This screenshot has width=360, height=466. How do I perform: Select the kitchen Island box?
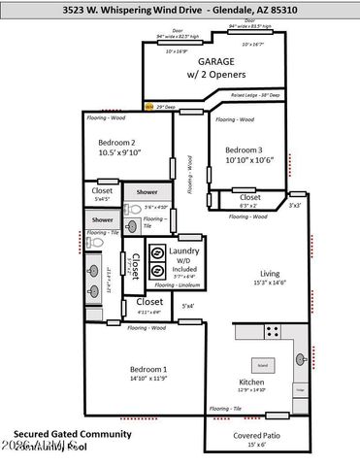pos(261,365)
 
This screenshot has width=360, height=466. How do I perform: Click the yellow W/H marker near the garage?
pos(148,107)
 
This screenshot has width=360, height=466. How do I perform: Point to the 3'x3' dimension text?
pos(295,205)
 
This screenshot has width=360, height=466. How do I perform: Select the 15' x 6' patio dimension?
pos(257,446)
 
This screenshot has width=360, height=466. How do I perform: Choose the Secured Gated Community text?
pos(61,433)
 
